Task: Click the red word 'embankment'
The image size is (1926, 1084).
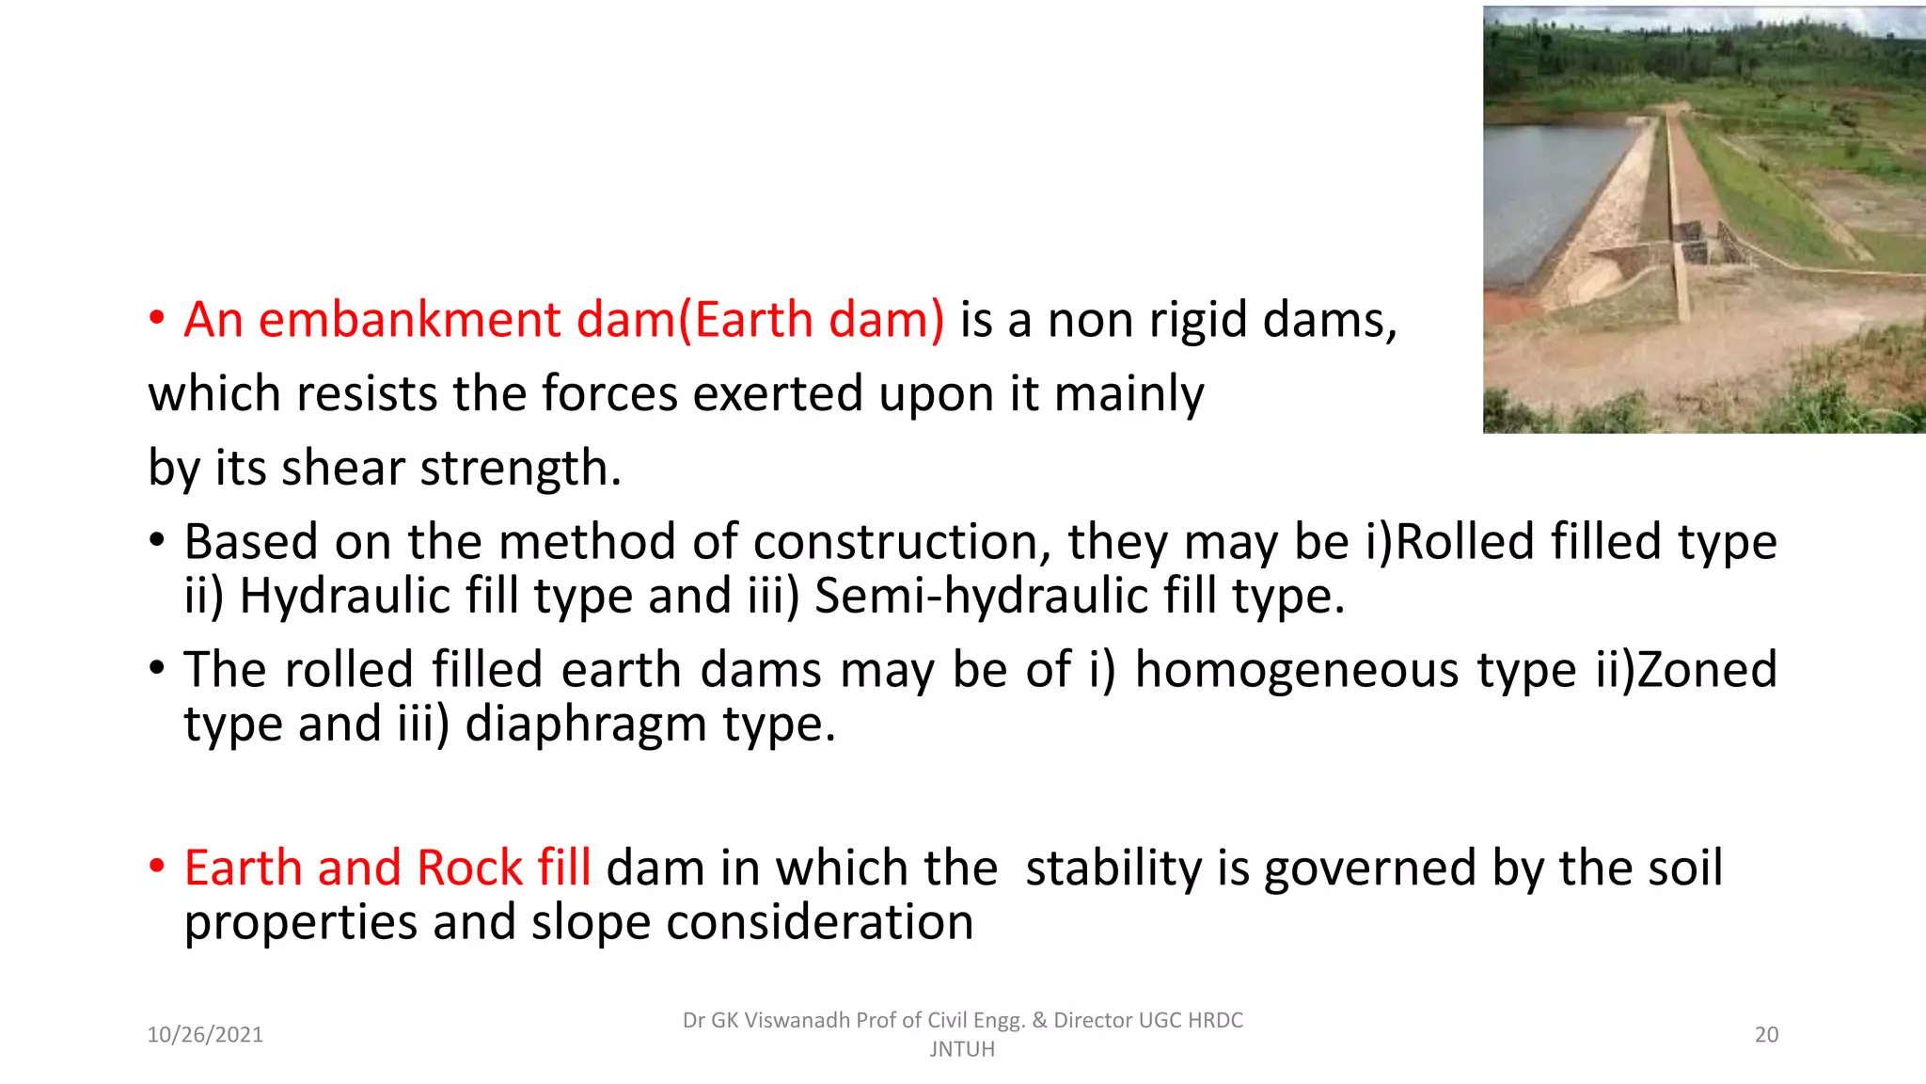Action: (x=409, y=320)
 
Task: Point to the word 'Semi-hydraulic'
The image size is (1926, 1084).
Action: (x=981, y=597)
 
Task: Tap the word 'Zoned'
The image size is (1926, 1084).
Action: (x=1707, y=670)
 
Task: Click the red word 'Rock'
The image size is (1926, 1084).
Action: (x=469, y=868)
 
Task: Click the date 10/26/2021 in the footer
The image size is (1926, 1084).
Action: (x=205, y=1035)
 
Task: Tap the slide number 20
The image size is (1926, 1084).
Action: (x=1766, y=1035)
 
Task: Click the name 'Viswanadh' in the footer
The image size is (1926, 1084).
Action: (x=797, y=1021)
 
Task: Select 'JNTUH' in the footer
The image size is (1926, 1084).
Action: (x=962, y=1049)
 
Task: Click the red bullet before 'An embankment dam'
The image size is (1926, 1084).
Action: (x=157, y=318)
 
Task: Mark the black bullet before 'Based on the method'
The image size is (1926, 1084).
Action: (x=157, y=540)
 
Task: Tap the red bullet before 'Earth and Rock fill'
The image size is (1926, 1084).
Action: (x=157, y=866)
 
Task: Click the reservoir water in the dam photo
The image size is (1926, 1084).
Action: (x=1552, y=188)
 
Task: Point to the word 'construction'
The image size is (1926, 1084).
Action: (x=902, y=542)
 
